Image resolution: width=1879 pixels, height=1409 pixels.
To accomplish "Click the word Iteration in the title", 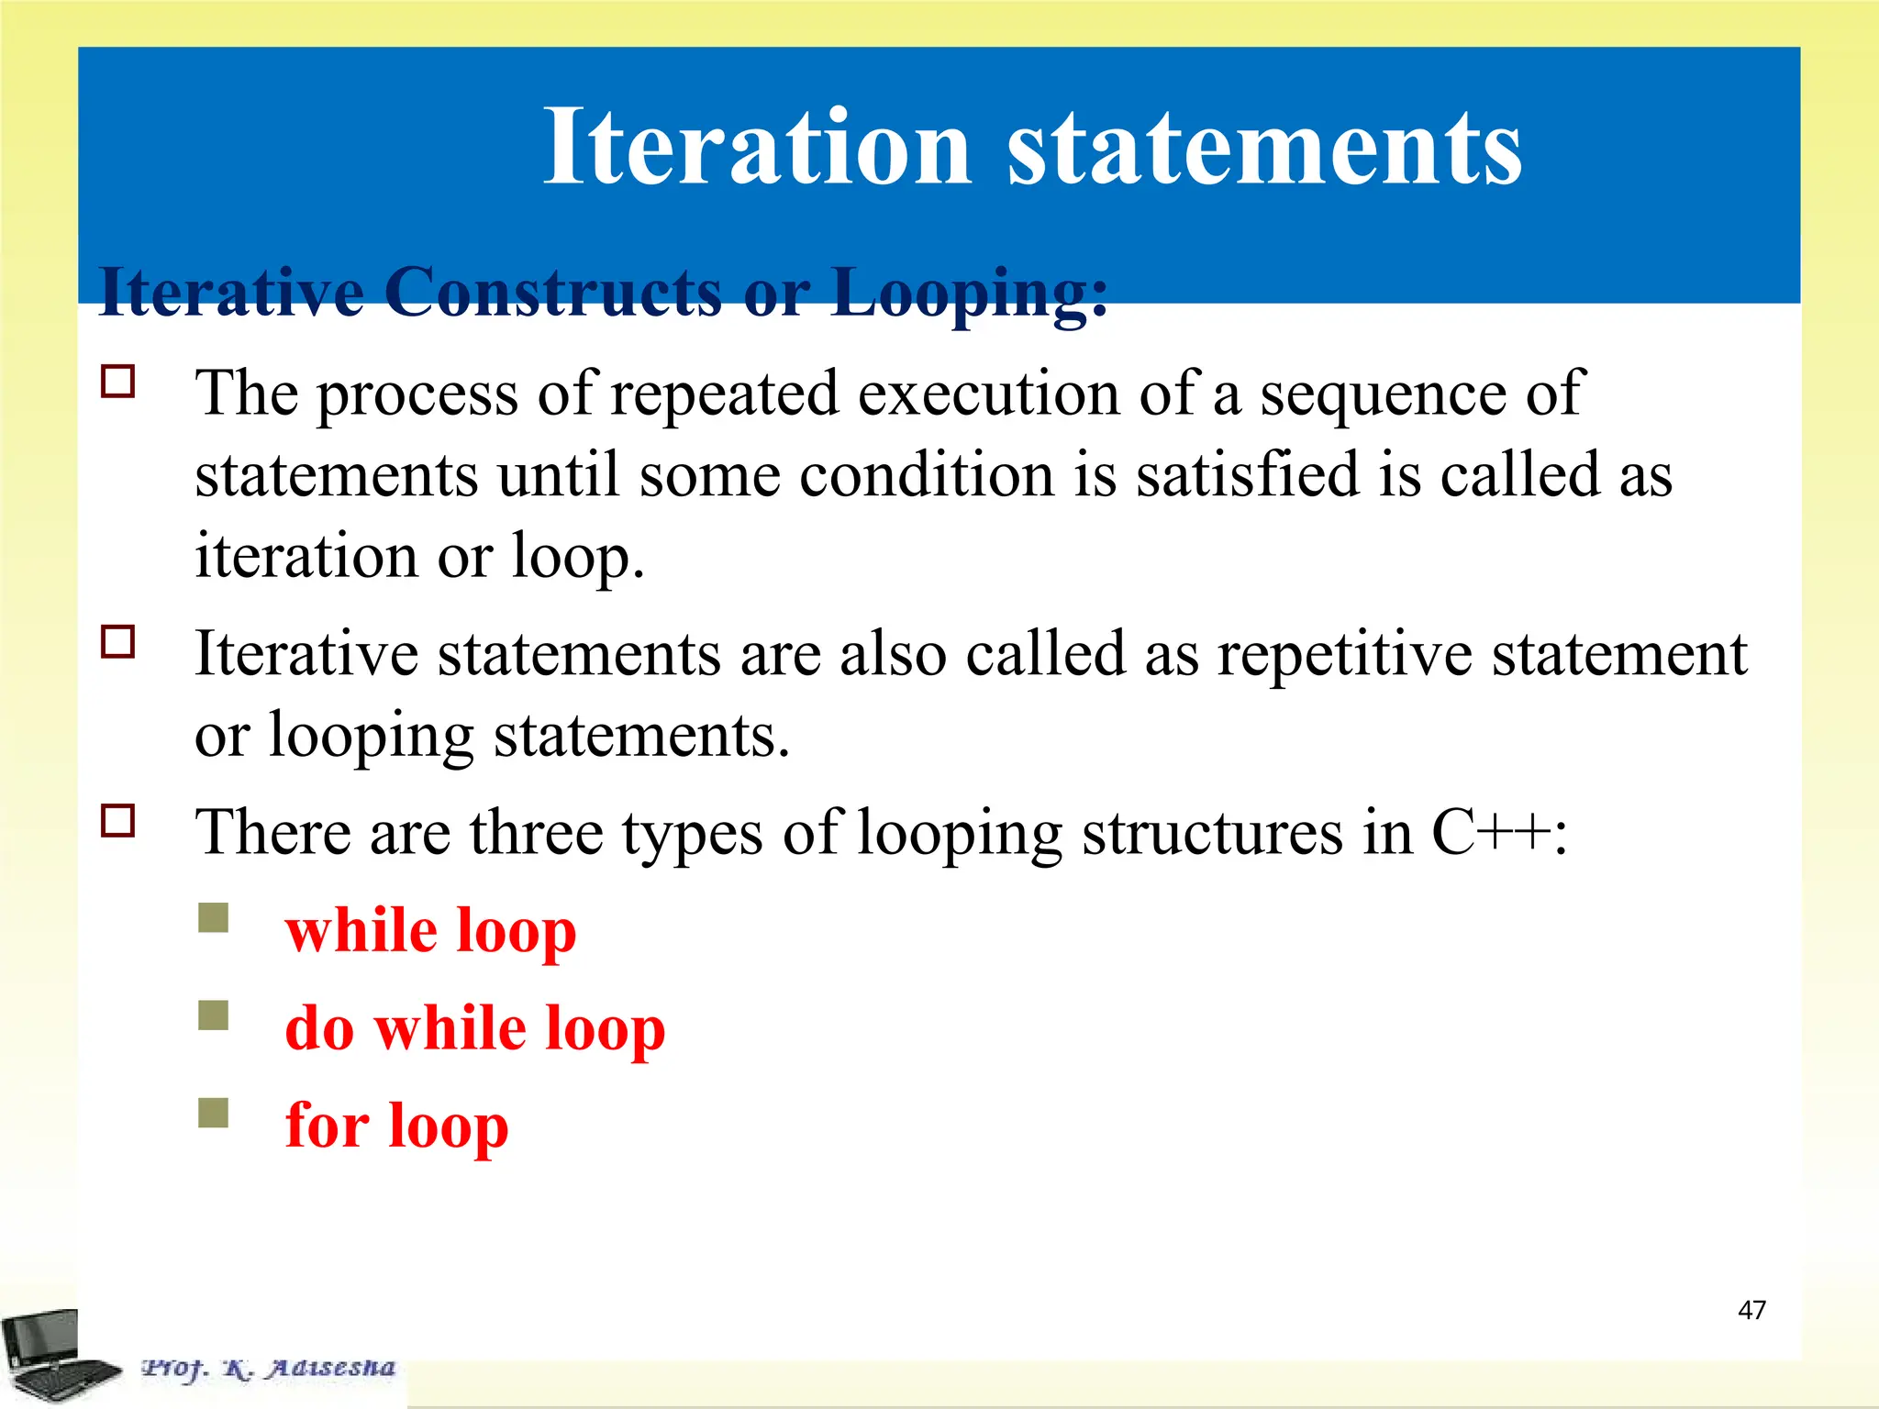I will click(756, 147).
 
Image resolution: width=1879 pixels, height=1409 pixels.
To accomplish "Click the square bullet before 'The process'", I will click(118, 381).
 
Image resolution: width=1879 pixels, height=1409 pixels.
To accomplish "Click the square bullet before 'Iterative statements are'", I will click(118, 641).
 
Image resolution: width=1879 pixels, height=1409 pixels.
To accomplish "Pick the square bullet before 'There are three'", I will click(118, 820).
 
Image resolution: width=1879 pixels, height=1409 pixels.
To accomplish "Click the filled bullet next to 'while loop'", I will click(213, 917).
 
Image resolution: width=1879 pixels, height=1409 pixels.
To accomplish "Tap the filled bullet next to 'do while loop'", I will click(213, 1015).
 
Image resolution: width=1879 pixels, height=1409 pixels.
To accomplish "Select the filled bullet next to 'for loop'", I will click(213, 1113).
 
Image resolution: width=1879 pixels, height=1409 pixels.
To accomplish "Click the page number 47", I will click(1751, 1310).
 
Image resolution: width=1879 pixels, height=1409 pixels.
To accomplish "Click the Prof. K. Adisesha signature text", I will click(268, 1369).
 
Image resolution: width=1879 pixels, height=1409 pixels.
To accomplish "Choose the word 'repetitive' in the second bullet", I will click(1344, 654).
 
